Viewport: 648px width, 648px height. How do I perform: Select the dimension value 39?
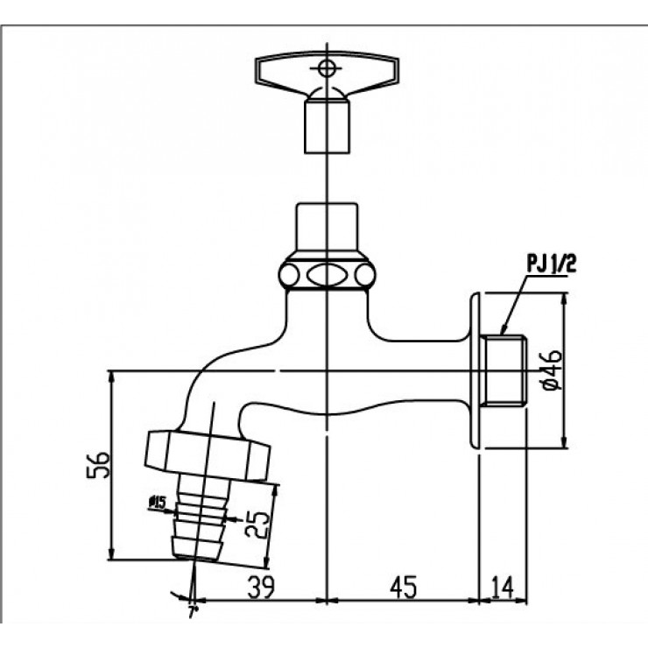[259, 586]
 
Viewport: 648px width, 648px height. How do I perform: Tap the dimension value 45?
[402, 586]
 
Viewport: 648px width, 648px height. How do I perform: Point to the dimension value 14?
[503, 586]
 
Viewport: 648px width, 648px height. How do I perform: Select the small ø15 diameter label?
[158, 502]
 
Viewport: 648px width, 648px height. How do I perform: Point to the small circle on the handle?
[326, 67]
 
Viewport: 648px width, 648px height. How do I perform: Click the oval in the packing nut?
[326, 273]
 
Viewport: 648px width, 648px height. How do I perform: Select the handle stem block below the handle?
[326, 125]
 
